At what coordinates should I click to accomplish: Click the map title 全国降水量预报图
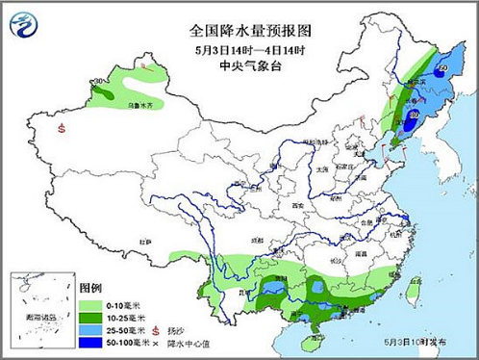250,31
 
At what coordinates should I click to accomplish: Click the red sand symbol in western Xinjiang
62,127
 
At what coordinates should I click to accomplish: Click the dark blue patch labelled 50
441,69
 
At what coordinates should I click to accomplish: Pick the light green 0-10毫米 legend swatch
93,302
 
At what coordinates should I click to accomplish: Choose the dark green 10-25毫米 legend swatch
93,315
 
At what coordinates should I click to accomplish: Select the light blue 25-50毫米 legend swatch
93,328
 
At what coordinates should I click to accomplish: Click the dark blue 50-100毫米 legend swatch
93,342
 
